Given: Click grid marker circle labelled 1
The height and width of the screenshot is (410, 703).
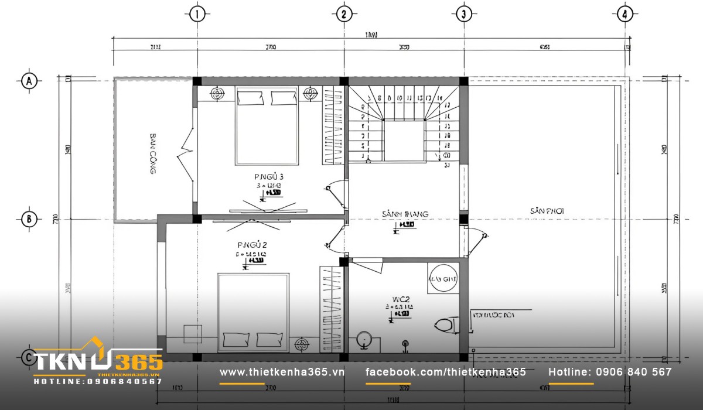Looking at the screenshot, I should pos(197,15).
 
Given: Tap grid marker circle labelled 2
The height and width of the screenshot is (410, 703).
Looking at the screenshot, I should pos(344,15).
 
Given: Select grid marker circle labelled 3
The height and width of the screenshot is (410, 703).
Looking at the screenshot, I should pos(463,15).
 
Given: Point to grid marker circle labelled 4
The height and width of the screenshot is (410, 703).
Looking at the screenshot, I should pos(625,15).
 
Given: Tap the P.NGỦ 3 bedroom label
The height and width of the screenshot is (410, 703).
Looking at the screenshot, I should pos(269,176).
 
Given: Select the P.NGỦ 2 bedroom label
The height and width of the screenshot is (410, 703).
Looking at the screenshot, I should pos(252,244).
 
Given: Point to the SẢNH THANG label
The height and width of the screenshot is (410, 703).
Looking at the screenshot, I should pos(405,214).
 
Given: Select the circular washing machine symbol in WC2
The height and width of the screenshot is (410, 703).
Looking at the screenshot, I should pos(443,279).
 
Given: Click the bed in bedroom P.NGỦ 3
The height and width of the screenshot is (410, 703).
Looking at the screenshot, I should pos(267,125).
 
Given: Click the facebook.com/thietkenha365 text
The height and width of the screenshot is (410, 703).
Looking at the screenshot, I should pos(445,372).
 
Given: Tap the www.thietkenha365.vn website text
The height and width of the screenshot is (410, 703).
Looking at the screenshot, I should pos(282,372).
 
